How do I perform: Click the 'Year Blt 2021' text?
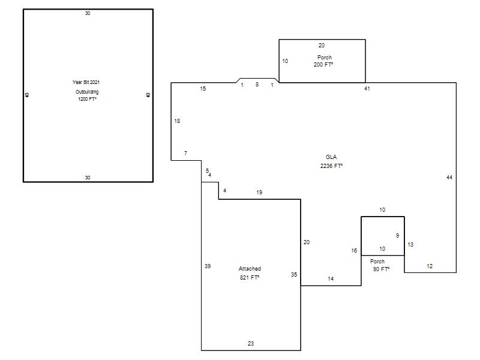[x=86, y=82]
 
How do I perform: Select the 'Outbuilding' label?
[x=87, y=92]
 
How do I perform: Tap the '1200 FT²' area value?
[x=87, y=99]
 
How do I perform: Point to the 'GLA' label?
[x=331, y=157]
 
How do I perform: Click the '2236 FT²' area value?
[x=332, y=166]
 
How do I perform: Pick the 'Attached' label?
[x=250, y=269]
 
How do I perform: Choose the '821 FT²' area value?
[x=250, y=278]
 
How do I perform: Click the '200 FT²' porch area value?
[x=323, y=65]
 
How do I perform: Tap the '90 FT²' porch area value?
[x=382, y=269]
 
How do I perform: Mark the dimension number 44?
[x=449, y=177]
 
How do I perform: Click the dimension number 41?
[x=367, y=89]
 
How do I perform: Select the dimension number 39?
[x=208, y=266]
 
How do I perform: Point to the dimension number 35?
[x=294, y=275]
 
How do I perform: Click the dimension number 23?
[x=251, y=343]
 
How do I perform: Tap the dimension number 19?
[x=259, y=192]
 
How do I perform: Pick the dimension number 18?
[x=177, y=121]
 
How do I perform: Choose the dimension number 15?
[x=203, y=88]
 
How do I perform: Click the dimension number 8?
[x=257, y=84]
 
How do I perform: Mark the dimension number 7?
[x=185, y=153]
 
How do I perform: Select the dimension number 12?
[x=430, y=266]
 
